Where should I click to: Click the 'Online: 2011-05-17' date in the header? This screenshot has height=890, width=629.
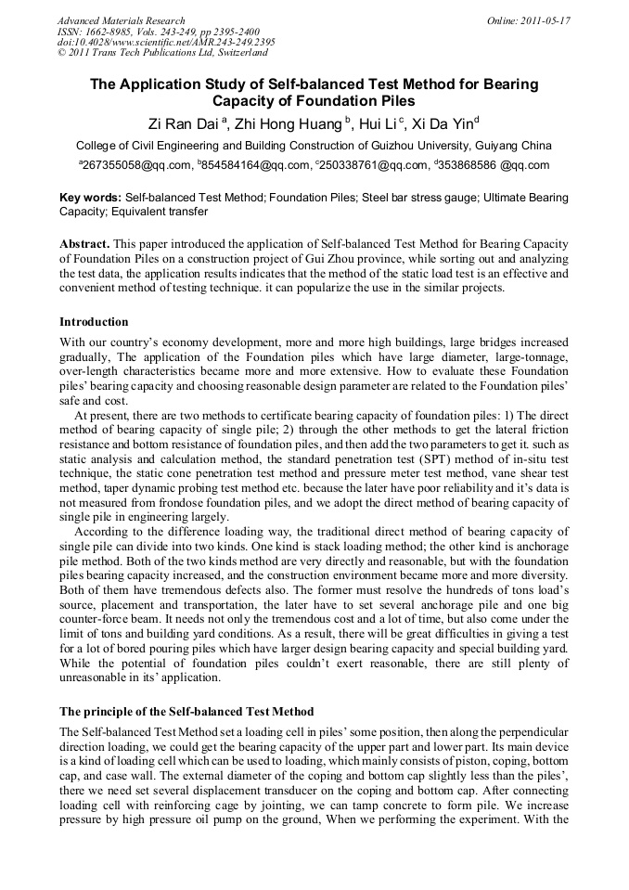(x=528, y=20)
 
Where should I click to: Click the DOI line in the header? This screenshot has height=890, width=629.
(x=166, y=42)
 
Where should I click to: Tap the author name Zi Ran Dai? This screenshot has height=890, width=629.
(x=184, y=124)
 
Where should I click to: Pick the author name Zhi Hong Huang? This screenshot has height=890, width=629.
(x=273, y=124)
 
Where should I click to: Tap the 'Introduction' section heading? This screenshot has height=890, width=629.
(x=94, y=322)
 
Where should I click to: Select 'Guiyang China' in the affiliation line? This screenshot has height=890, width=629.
(x=509, y=146)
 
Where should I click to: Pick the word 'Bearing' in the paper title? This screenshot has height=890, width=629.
(x=507, y=84)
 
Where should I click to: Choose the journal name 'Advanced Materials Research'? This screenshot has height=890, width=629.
(x=121, y=20)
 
